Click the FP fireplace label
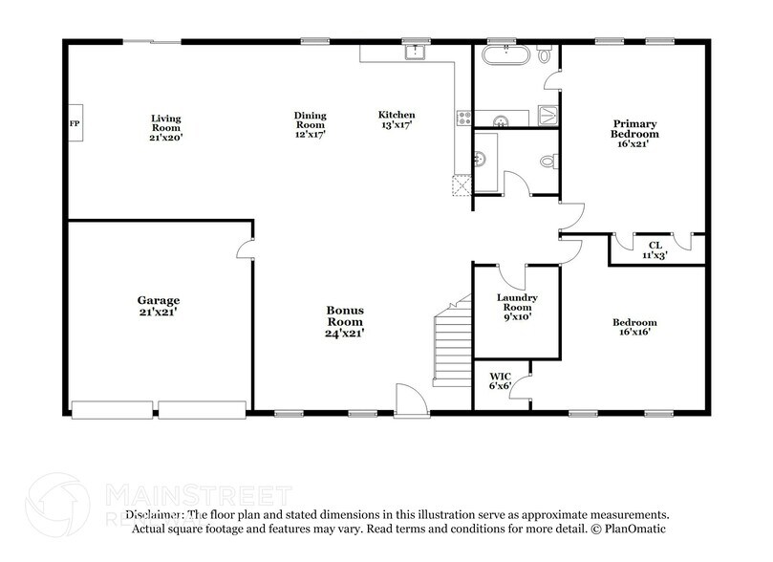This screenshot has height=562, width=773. tap(73, 124)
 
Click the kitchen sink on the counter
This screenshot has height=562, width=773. tap(415, 53)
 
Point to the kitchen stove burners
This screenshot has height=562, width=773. tap(465, 118)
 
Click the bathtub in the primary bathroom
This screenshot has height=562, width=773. tap(504, 55)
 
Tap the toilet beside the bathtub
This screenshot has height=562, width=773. tap(546, 55)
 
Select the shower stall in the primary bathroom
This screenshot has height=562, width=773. tap(548, 116)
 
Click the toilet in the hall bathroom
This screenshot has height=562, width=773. tap(548, 162)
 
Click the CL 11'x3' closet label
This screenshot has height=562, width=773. tap(655, 250)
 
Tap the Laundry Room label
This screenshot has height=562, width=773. tap(517, 307)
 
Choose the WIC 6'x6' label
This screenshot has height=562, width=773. tap(500, 381)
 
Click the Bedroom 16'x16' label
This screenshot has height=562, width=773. tap(634, 328)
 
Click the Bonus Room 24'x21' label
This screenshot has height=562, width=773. tap(344, 322)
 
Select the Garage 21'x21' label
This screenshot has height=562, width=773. tap(158, 305)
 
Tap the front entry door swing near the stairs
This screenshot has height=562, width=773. tap(408, 397)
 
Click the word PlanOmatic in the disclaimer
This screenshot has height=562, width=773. tap(637, 529)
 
